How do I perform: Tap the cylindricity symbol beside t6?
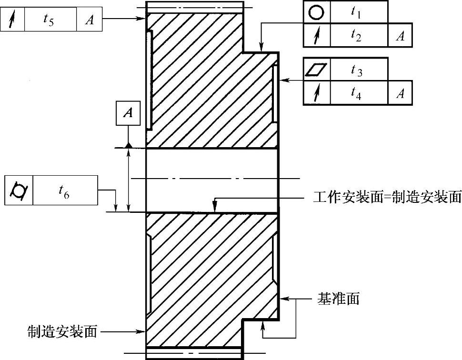[x=18, y=190]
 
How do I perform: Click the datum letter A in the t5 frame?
[x=90, y=20]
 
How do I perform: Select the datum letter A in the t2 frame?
[x=400, y=36]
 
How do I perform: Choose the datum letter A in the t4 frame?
[x=400, y=93]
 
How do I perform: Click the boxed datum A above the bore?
[x=128, y=113]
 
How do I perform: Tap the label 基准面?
[x=338, y=299]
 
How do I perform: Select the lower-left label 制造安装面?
[x=62, y=331]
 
